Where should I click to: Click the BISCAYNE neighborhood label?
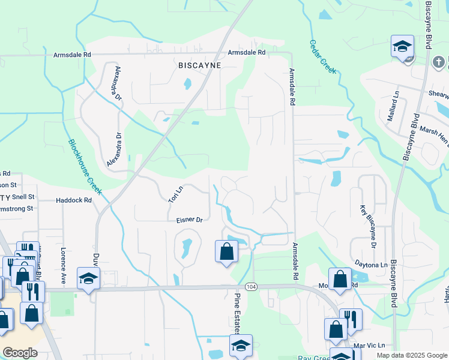point(199,65)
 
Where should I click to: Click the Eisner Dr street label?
point(189,220)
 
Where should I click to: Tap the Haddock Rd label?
point(74,200)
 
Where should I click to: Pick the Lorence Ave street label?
point(62,264)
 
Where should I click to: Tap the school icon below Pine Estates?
point(241,345)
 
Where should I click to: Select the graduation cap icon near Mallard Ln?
point(402,46)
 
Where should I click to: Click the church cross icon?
point(439,62)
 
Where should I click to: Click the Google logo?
point(20,353)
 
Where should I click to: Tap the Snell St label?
point(23,197)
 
